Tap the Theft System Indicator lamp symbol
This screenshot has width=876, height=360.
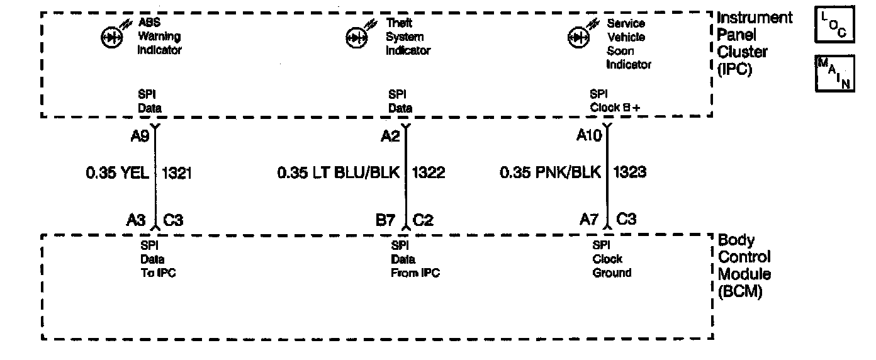click(x=356, y=38)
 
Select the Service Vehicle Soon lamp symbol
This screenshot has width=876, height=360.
click(x=577, y=38)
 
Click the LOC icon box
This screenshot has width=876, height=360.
click(x=834, y=26)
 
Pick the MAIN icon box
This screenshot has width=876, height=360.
click(x=834, y=73)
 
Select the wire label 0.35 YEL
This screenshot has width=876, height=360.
click(x=118, y=172)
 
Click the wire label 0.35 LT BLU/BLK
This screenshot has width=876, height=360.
click(x=339, y=172)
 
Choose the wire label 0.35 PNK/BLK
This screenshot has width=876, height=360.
click(x=551, y=172)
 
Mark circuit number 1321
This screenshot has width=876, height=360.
click(x=177, y=172)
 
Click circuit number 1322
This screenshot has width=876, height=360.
click(x=429, y=172)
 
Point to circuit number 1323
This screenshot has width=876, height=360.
click(x=630, y=172)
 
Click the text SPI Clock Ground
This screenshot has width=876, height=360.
click(x=612, y=259)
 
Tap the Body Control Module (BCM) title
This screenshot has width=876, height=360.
click(x=744, y=266)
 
